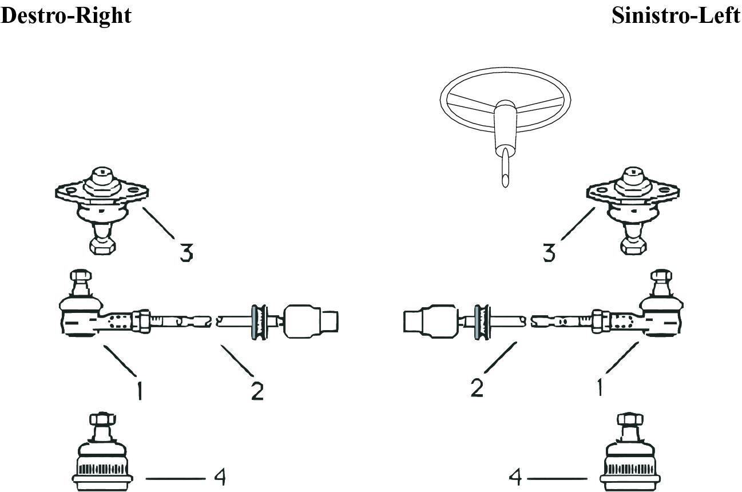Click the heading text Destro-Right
pos(66,16)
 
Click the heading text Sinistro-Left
pos(676,15)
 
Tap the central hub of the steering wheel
pos(505,106)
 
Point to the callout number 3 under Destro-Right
pos(187,253)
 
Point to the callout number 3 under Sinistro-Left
pos(549,253)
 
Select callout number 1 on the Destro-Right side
pos(140,391)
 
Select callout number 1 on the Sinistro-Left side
pos(600,387)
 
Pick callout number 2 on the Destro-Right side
pos(257,391)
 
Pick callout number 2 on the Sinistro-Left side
pos(477,388)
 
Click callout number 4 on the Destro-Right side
pos(220,477)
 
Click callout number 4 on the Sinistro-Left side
pos(515,477)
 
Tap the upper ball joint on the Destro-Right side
pos(102,211)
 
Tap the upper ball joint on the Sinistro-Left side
pos(633,211)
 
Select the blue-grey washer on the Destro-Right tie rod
pos(254,322)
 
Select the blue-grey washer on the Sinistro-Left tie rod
pos(477,322)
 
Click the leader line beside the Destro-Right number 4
pos(176,478)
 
